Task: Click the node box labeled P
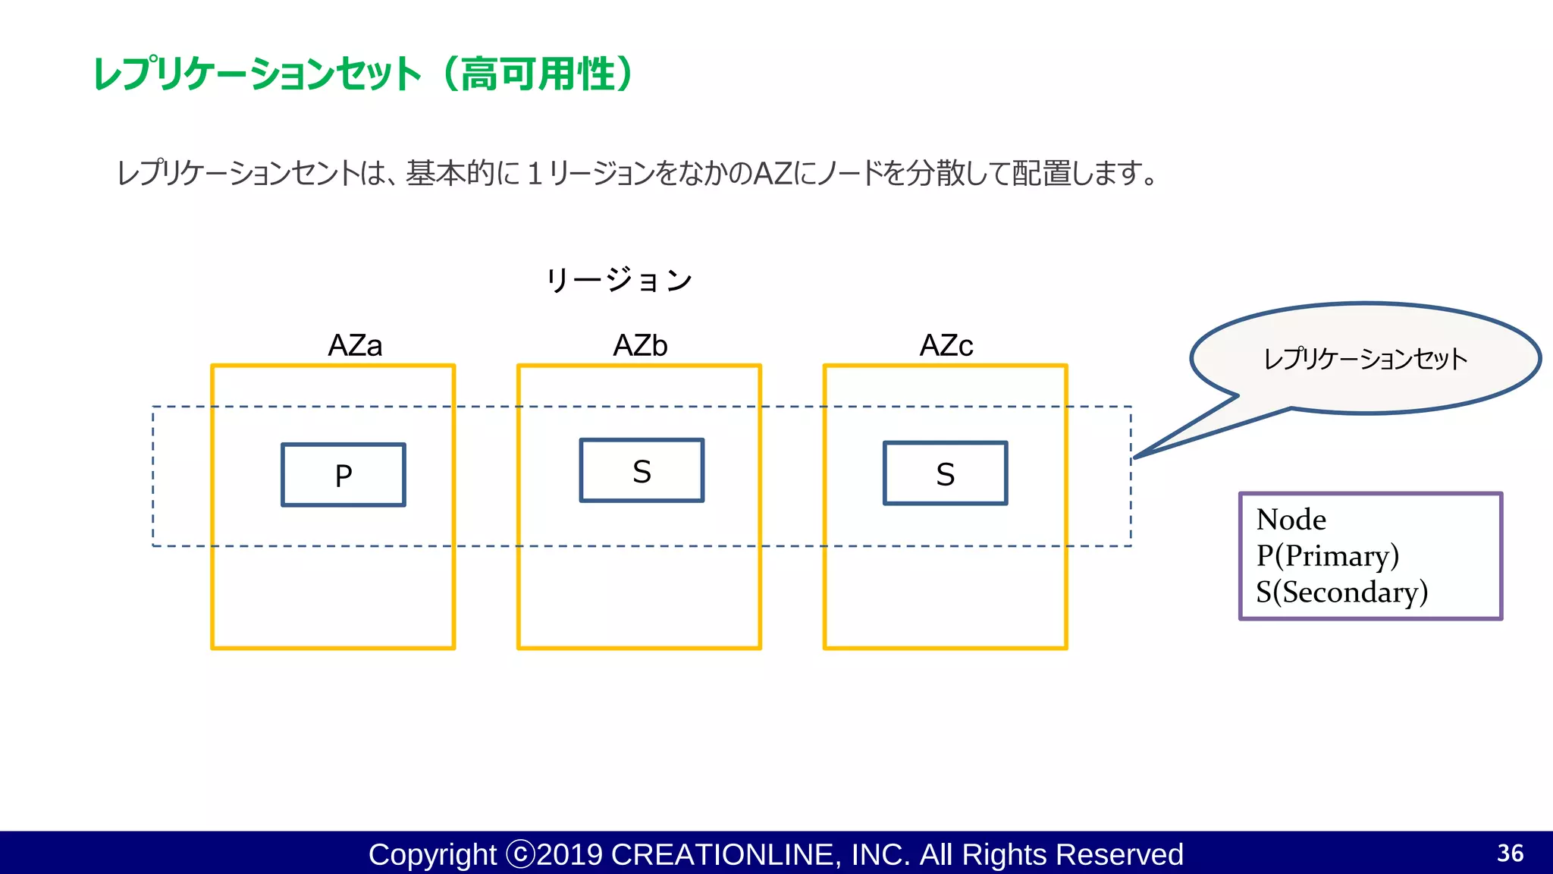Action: coord(344,475)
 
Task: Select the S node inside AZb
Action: coord(642,470)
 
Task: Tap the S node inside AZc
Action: coord(945,473)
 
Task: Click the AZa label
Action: coord(355,345)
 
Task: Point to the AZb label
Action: coord(640,345)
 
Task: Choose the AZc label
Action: coord(946,345)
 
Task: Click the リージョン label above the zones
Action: coord(619,280)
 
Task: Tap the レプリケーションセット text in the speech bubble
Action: coord(1365,359)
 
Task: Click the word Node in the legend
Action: coord(1291,520)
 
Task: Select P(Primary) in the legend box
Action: coord(1327,555)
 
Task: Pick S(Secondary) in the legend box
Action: coord(1341,592)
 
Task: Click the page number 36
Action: coord(1510,853)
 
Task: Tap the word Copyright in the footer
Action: coord(432,854)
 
